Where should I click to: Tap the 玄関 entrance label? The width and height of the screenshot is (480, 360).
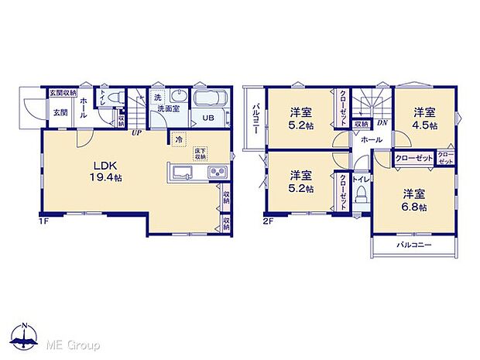(60, 112)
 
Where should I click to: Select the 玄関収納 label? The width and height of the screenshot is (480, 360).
(63, 93)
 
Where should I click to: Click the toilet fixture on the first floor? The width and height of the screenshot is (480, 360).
(111, 98)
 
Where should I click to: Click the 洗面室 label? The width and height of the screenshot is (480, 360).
(167, 110)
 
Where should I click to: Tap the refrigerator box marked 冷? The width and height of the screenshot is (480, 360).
(180, 140)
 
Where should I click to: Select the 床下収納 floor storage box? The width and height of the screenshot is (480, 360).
(201, 154)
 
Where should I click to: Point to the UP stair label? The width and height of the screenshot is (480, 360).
(136, 132)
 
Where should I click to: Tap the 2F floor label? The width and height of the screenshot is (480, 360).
(269, 221)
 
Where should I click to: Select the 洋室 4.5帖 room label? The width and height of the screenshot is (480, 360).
(423, 118)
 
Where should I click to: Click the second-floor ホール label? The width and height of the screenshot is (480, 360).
(371, 140)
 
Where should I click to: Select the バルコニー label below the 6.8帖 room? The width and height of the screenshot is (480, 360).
(414, 245)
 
